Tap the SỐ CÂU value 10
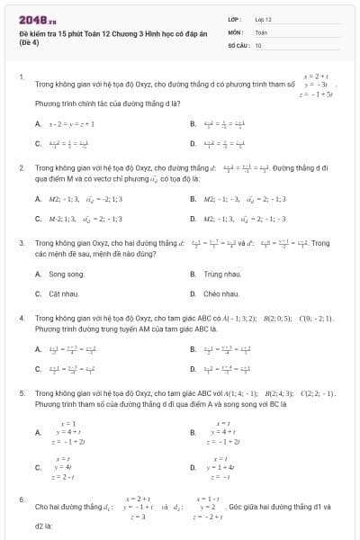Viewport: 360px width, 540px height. (x=258, y=44)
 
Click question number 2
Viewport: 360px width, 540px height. (x=22, y=167)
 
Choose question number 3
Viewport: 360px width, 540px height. (x=22, y=242)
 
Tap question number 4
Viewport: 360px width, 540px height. (x=22, y=318)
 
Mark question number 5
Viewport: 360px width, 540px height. (x=22, y=393)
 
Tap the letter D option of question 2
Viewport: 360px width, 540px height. (x=193, y=218)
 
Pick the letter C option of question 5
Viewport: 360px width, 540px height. (x=38, y=467)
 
